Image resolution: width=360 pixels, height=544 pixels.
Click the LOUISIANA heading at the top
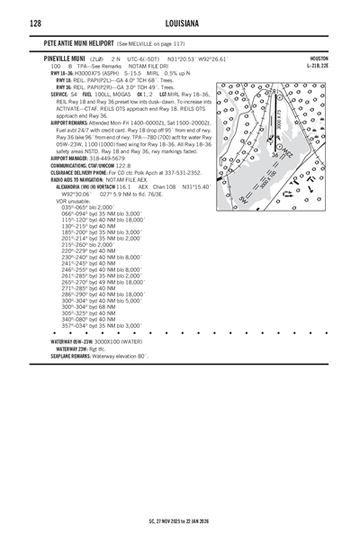point(180,22)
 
